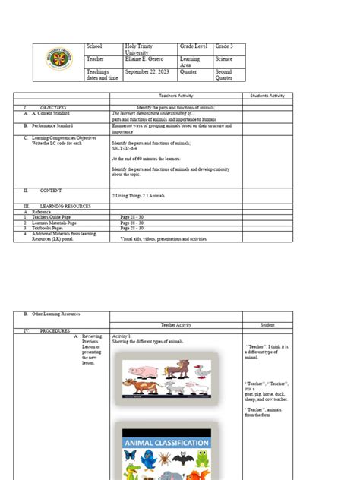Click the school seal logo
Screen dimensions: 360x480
[x=59, y=62]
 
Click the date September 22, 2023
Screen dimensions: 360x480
[x=146, y=72]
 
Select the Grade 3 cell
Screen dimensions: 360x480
[x=224, y=47]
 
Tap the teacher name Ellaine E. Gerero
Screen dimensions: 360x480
[x=145, y=58]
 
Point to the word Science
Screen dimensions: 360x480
[x=224, y=58]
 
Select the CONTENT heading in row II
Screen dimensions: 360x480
[x=52, y=191]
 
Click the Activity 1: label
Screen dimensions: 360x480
[x=122, y=336]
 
